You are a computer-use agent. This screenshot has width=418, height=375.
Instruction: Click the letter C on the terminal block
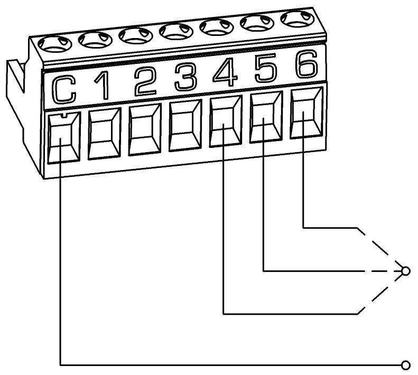64,89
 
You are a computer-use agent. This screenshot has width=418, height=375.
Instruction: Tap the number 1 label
104,86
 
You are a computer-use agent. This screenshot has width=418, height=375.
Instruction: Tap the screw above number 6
295,18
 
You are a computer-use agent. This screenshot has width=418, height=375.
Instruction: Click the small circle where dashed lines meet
406,271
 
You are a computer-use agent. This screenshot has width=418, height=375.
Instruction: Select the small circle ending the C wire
406,364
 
